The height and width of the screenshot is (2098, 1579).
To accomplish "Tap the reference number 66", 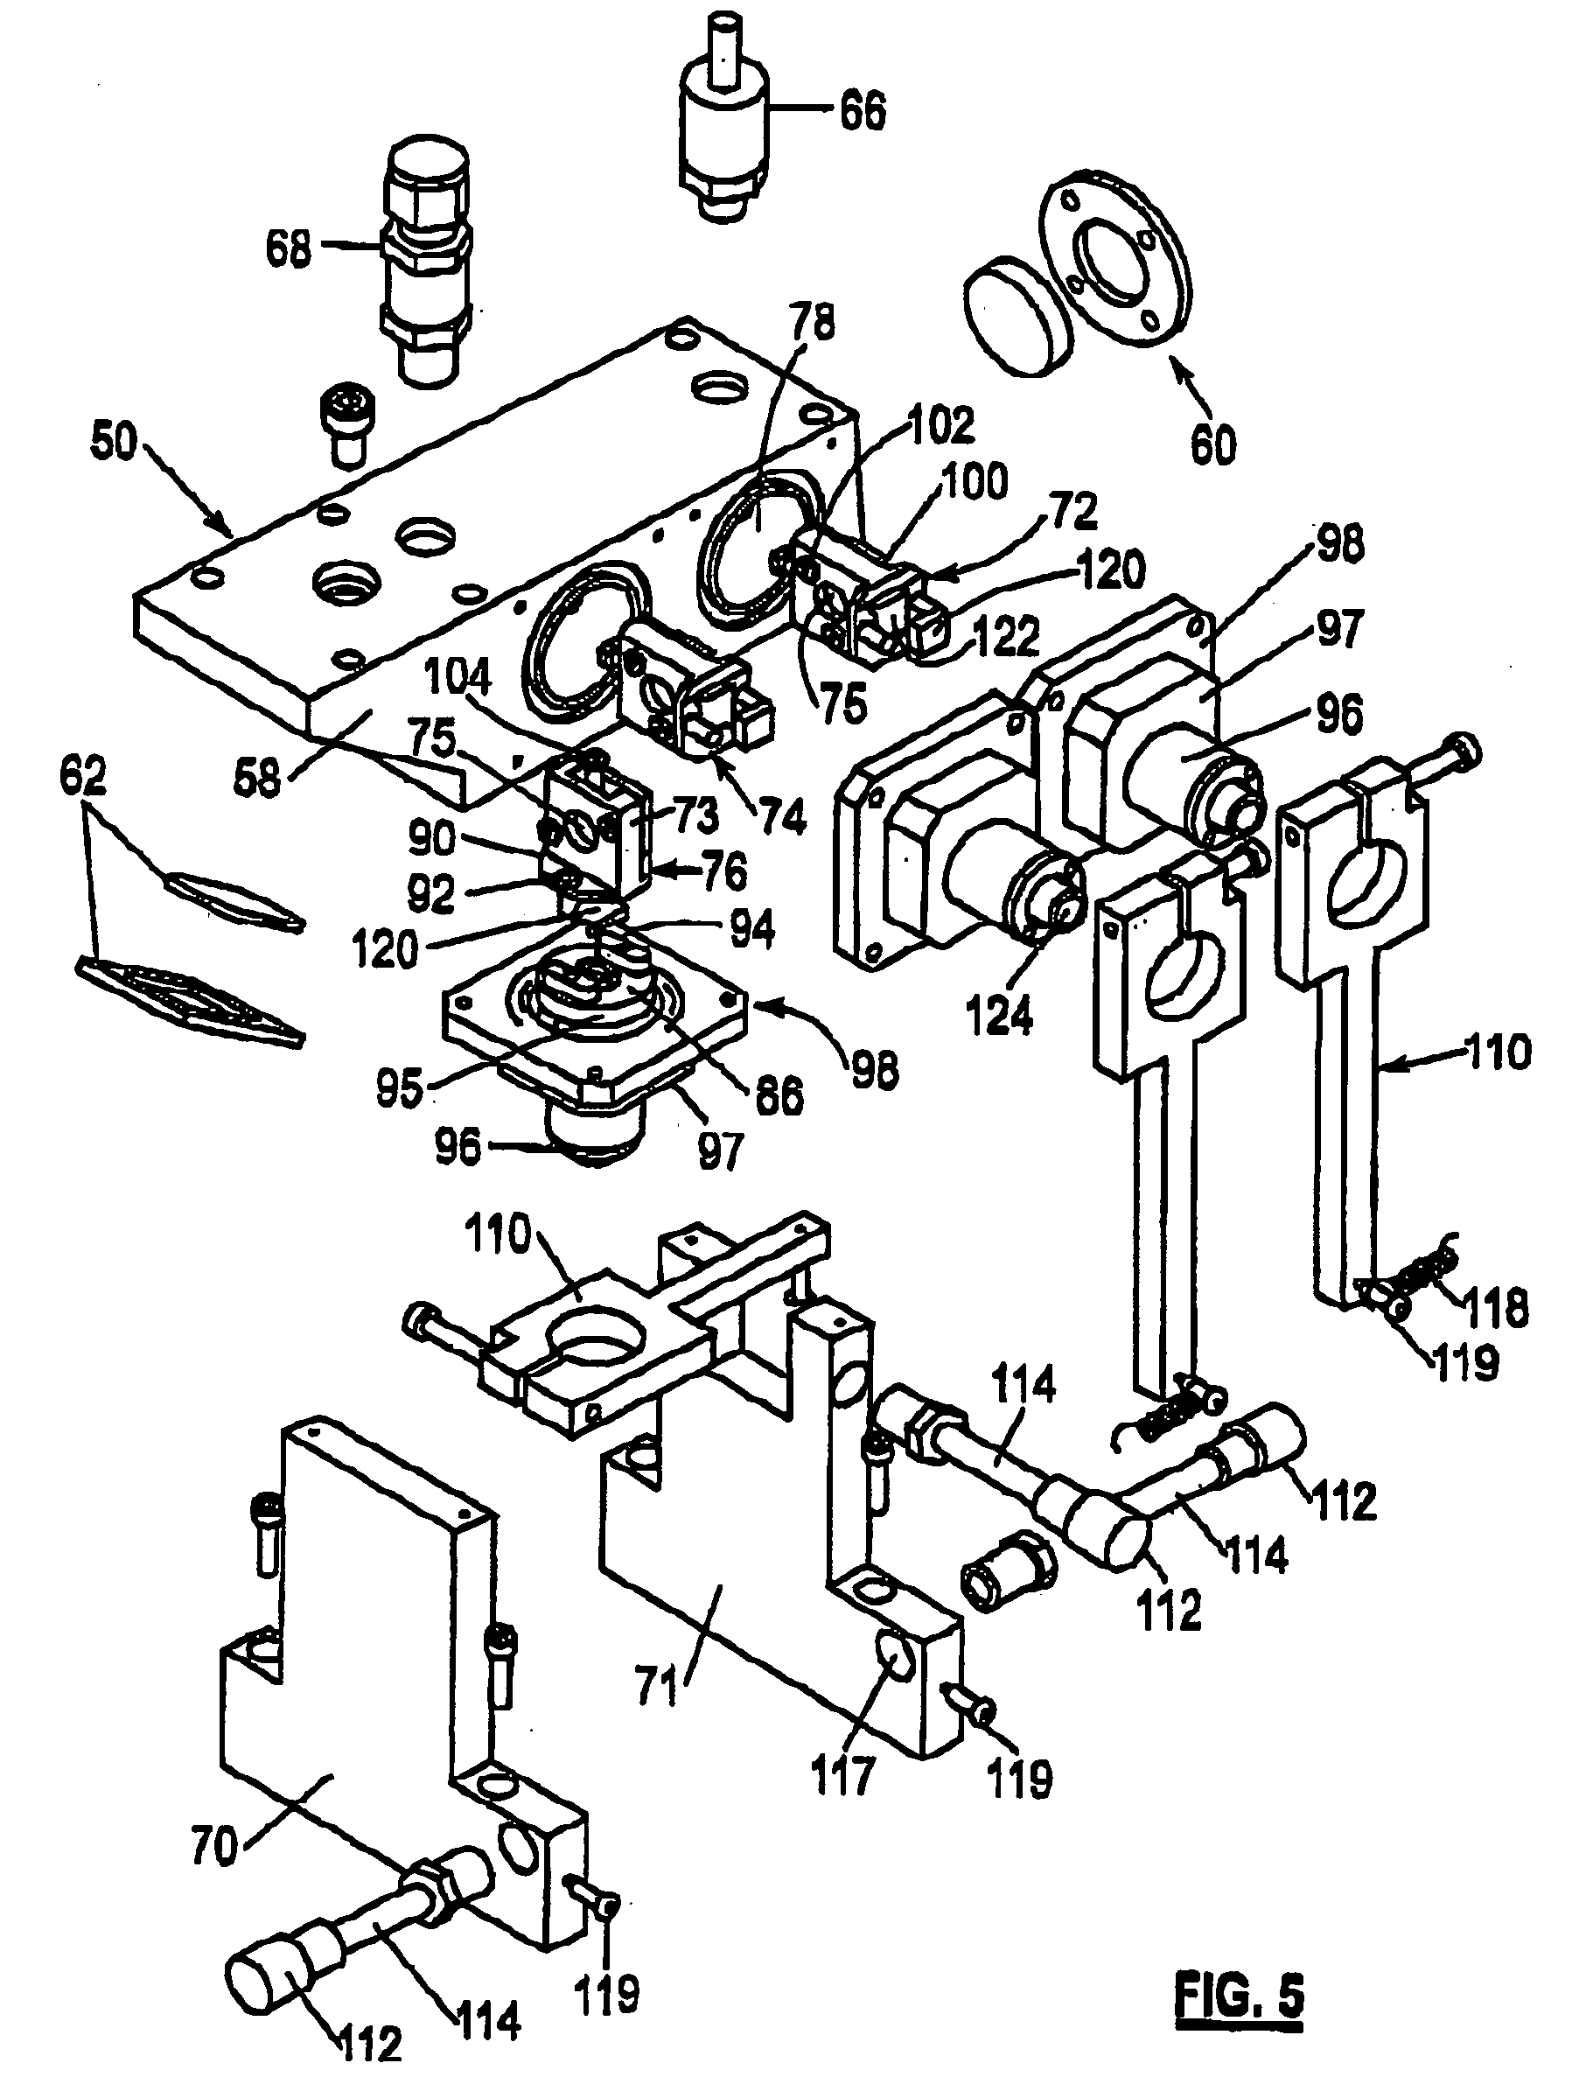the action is (x=862, y=111).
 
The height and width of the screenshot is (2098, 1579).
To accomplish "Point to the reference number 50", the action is (x=115, y=443).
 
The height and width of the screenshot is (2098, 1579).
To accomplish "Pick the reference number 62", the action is (x=83, y=778).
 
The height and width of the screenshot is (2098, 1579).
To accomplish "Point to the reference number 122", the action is (x=1006, y=638).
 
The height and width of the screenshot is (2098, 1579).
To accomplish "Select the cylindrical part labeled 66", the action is (x=725, y=119).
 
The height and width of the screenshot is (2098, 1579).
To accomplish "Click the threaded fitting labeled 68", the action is (x=426, y=261).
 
